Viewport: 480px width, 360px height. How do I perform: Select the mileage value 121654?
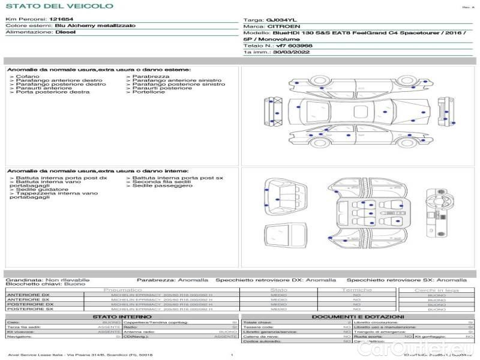click(62, 20)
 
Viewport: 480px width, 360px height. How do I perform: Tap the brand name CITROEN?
click(280, 27)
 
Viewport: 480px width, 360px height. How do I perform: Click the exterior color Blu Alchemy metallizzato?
click(95, 26)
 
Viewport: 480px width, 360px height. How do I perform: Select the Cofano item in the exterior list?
click(28, 77)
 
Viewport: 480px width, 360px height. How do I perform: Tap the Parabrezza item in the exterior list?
click(151, 77)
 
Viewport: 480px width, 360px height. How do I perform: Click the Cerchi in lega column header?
click(436, 290)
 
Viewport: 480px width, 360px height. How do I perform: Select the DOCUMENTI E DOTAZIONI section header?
click(358, 316)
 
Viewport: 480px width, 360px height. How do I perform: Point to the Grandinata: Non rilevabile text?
click(47, 280)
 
